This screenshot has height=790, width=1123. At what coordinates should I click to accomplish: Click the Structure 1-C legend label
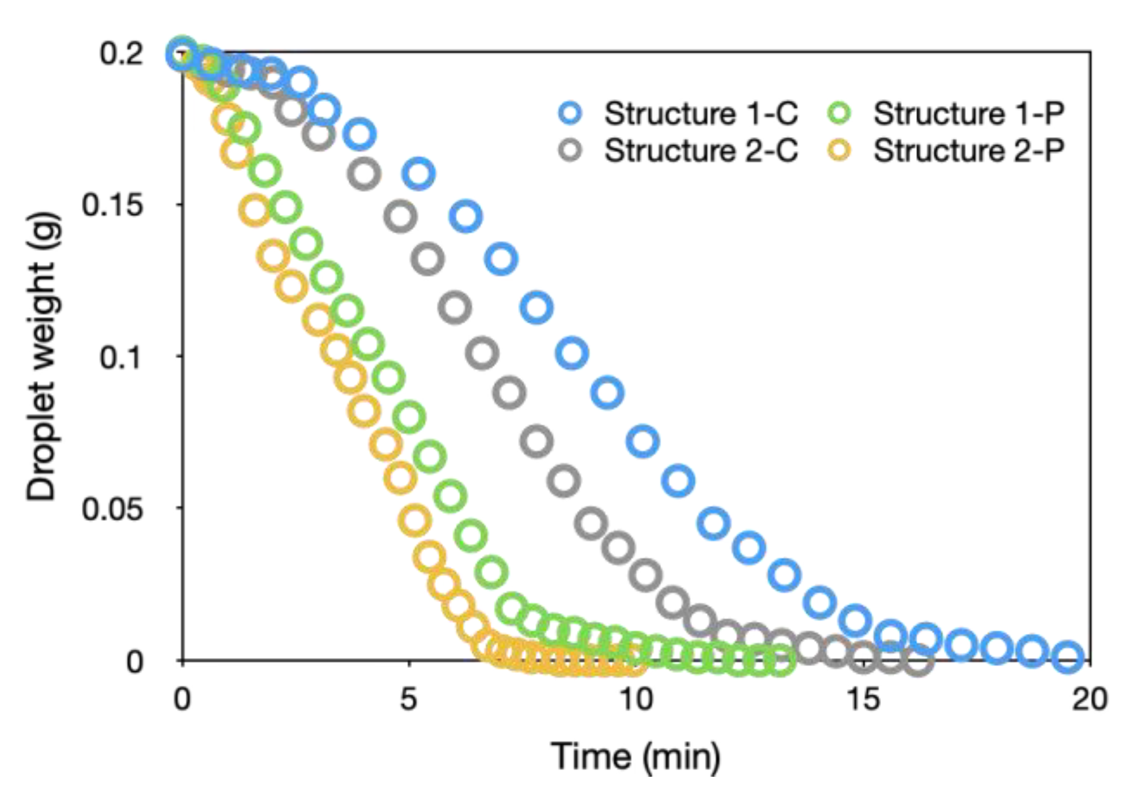click(x=701, y=113)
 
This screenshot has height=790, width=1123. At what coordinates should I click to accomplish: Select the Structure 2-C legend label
click(x=701, y=151)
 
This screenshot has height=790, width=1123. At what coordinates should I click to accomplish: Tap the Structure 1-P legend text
click(x=969, y=113)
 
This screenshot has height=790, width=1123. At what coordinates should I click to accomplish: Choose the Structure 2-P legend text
click(x=969, y=151)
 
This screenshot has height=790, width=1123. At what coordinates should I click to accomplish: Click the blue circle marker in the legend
click(x=570, y=113)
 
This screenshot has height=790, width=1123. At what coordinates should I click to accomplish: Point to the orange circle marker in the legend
click(x=840, y=151)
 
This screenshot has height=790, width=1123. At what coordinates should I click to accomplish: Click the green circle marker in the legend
click(x=840, y=113)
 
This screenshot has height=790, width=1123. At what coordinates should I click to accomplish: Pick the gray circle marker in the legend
click(x=570, y=151)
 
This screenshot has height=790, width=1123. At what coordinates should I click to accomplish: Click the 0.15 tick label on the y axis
click(x=112, y=205)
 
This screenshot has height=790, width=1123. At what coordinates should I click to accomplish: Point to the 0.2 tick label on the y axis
click(x=121, y=54)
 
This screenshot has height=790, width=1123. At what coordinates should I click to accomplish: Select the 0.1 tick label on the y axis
click(x=120, y=357)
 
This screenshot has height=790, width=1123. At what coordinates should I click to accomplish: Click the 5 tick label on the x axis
click(x=409, y=700)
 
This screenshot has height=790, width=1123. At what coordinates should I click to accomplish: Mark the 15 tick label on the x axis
click(x=863, y=700)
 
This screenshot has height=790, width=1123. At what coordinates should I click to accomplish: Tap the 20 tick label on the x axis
click(x=1089, y=700)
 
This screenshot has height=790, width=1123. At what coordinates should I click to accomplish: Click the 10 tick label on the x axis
click(x=636, y=700)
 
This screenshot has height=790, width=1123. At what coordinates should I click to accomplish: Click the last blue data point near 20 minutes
click(x=1068, y=656)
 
